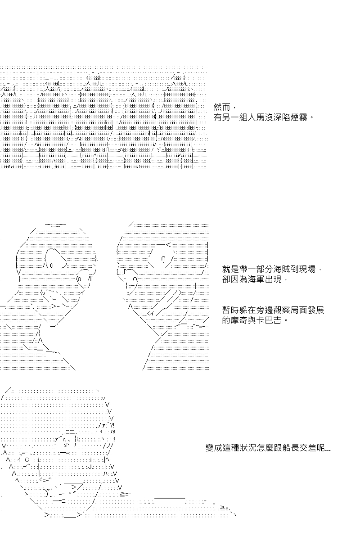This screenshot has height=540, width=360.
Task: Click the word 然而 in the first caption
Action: pos(222,107)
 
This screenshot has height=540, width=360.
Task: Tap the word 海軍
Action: pos(256,279)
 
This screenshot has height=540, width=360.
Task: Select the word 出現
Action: pos(273,279)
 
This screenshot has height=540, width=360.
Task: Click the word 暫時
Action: pos(230,310)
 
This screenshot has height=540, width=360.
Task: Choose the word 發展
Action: pos(315,310)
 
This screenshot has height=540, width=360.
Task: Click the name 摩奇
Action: pos(239,320)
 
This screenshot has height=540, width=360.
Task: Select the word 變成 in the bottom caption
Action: pos(214,448)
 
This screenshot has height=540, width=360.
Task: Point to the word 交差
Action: pos(307,448)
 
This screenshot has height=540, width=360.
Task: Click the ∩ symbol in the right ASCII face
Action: pos(163,258)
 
